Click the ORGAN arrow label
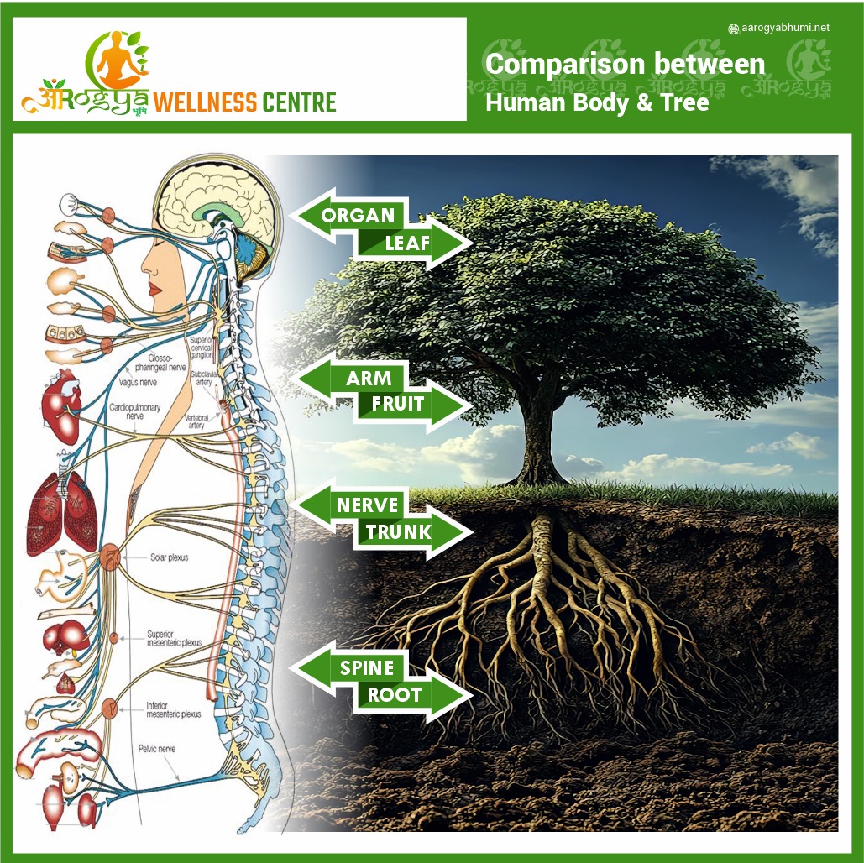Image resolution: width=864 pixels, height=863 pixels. (357, 215)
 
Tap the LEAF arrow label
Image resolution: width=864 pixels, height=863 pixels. (407, 244)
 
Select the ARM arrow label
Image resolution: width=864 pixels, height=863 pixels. (368, 379)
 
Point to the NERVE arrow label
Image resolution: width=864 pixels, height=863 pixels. (367, 505)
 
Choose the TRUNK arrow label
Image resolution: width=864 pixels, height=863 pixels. (398, 532)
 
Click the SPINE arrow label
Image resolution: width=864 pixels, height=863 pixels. (366, 668)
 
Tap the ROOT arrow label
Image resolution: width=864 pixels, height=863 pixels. (395, 695)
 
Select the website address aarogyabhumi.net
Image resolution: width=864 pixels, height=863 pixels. (784, 28)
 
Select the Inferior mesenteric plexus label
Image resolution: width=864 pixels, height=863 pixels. (173, 709)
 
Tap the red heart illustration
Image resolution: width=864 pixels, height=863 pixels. (62, 406)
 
